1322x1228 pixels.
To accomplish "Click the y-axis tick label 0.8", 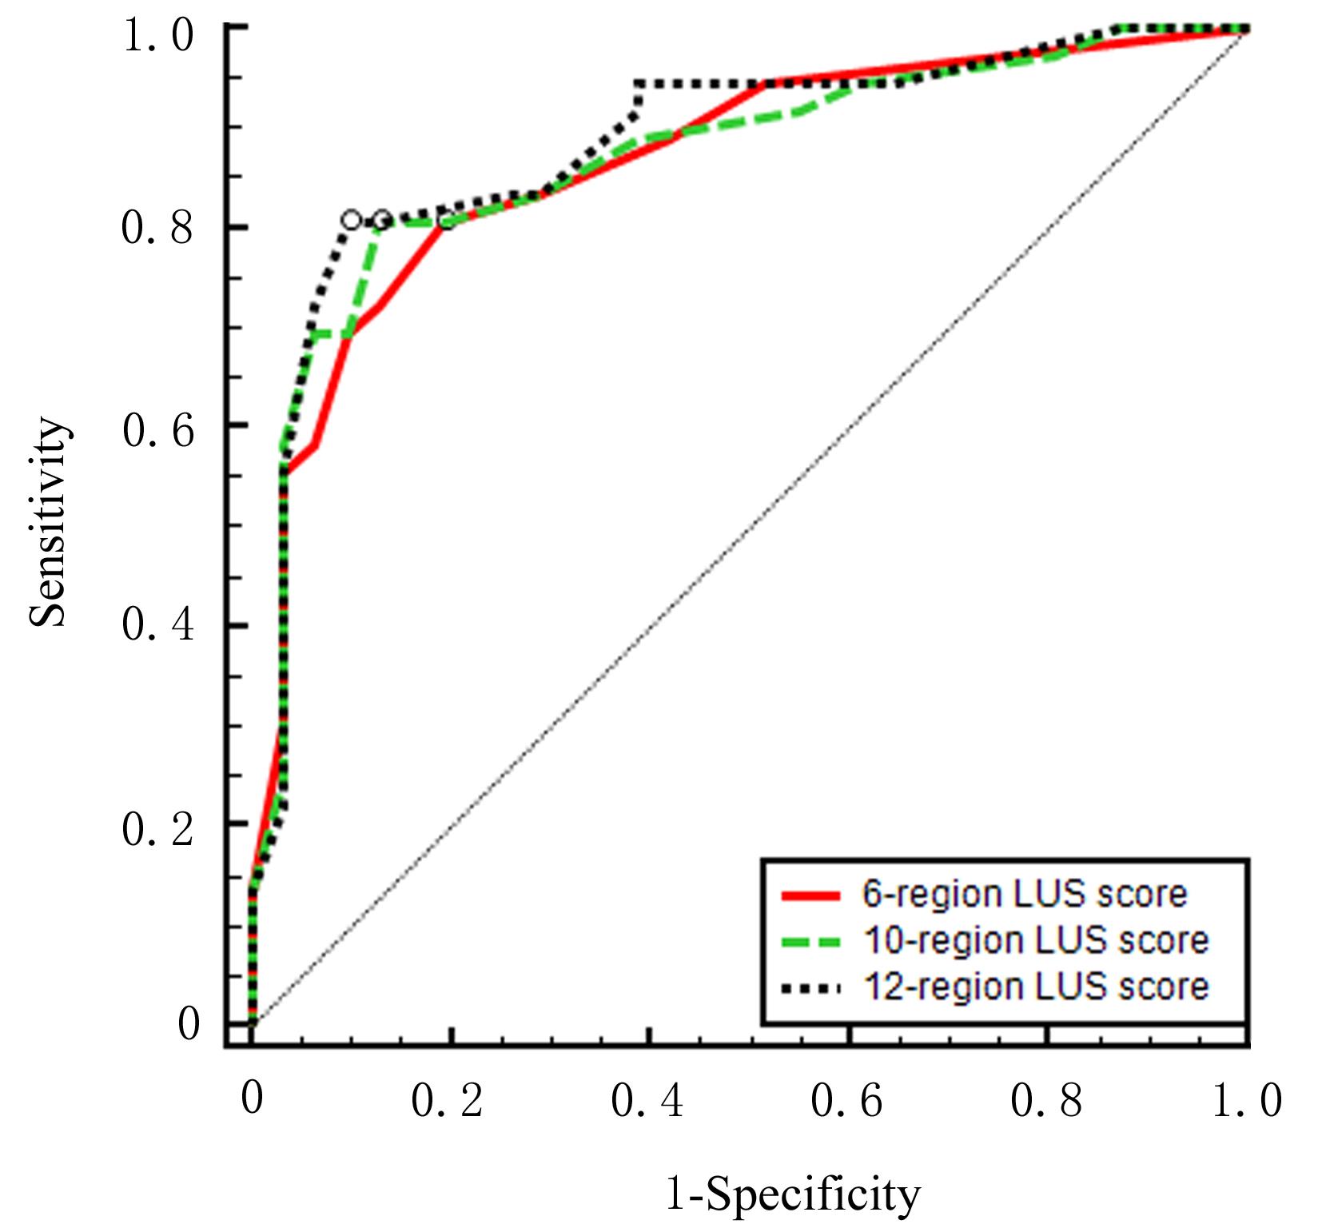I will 157,228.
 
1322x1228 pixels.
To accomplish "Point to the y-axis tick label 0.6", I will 157,431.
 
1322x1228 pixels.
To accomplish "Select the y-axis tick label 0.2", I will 157,829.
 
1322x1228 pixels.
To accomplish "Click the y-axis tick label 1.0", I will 157,36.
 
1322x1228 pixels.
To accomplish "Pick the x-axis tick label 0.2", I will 447,1102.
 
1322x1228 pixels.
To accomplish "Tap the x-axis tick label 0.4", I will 647,1102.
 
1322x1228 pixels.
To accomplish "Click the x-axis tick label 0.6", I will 846,1102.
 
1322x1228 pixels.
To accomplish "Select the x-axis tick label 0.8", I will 1046,1102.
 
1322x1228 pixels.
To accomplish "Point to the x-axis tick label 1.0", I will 1246,1102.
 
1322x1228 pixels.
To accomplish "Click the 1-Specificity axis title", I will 792,1196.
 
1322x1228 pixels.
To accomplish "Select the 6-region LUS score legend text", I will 1025,894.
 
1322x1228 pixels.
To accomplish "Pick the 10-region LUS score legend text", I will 1036,940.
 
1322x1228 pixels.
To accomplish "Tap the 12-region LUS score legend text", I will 1036,987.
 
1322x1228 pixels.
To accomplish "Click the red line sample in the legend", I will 810,895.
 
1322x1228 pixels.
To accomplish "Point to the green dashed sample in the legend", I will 810,942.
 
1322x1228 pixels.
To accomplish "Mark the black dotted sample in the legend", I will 810,989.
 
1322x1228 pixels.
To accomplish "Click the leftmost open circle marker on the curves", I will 351,220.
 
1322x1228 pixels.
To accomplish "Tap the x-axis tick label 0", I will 252,1098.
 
